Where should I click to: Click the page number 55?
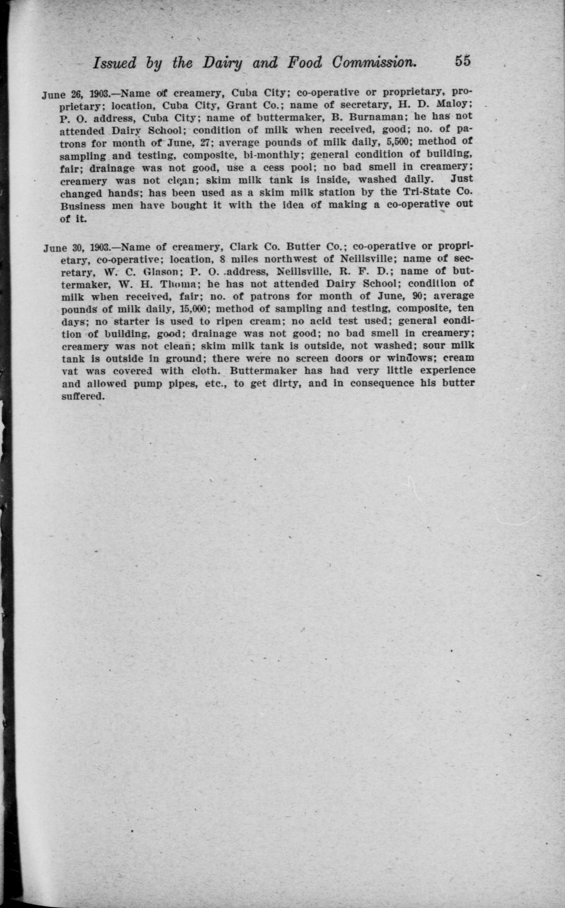(462, 61)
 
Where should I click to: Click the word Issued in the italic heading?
(114, 63)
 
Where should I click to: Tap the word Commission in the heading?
(374, 62)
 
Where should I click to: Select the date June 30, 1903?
(76, 248)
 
